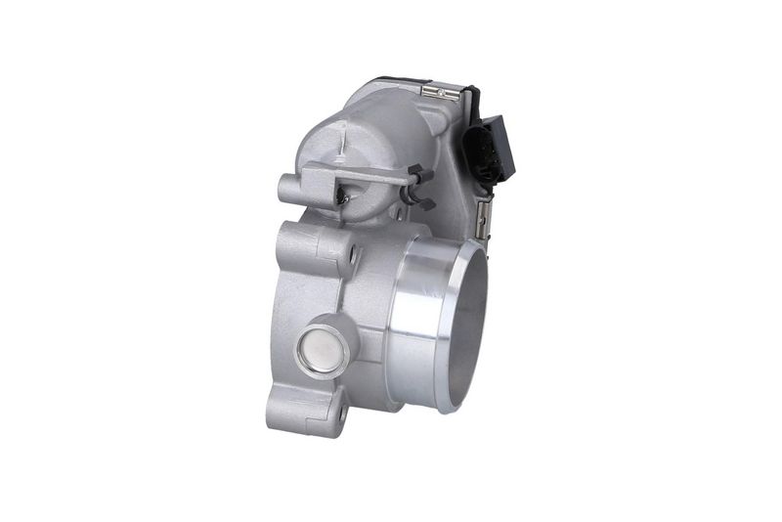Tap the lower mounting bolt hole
click(x=338, y=416)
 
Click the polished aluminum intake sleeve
click(x=420, y=323)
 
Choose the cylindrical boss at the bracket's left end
click(x=288, y=188)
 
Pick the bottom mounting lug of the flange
click(x=323, y=415)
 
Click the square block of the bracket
click(x=322, y=177)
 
